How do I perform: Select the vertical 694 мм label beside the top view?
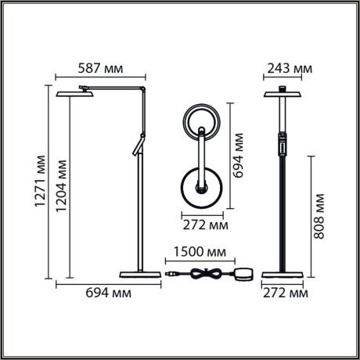[239, 157]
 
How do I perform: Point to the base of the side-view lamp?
[139, 274]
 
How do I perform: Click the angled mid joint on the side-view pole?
[137, 146]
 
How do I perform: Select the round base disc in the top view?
[200, 187]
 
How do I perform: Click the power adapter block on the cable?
[244, 274]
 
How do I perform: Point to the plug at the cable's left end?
[171, 274]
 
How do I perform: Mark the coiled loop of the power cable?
[207, 274]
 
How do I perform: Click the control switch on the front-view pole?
[283, 146]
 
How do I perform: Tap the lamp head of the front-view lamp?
[283, 94]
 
